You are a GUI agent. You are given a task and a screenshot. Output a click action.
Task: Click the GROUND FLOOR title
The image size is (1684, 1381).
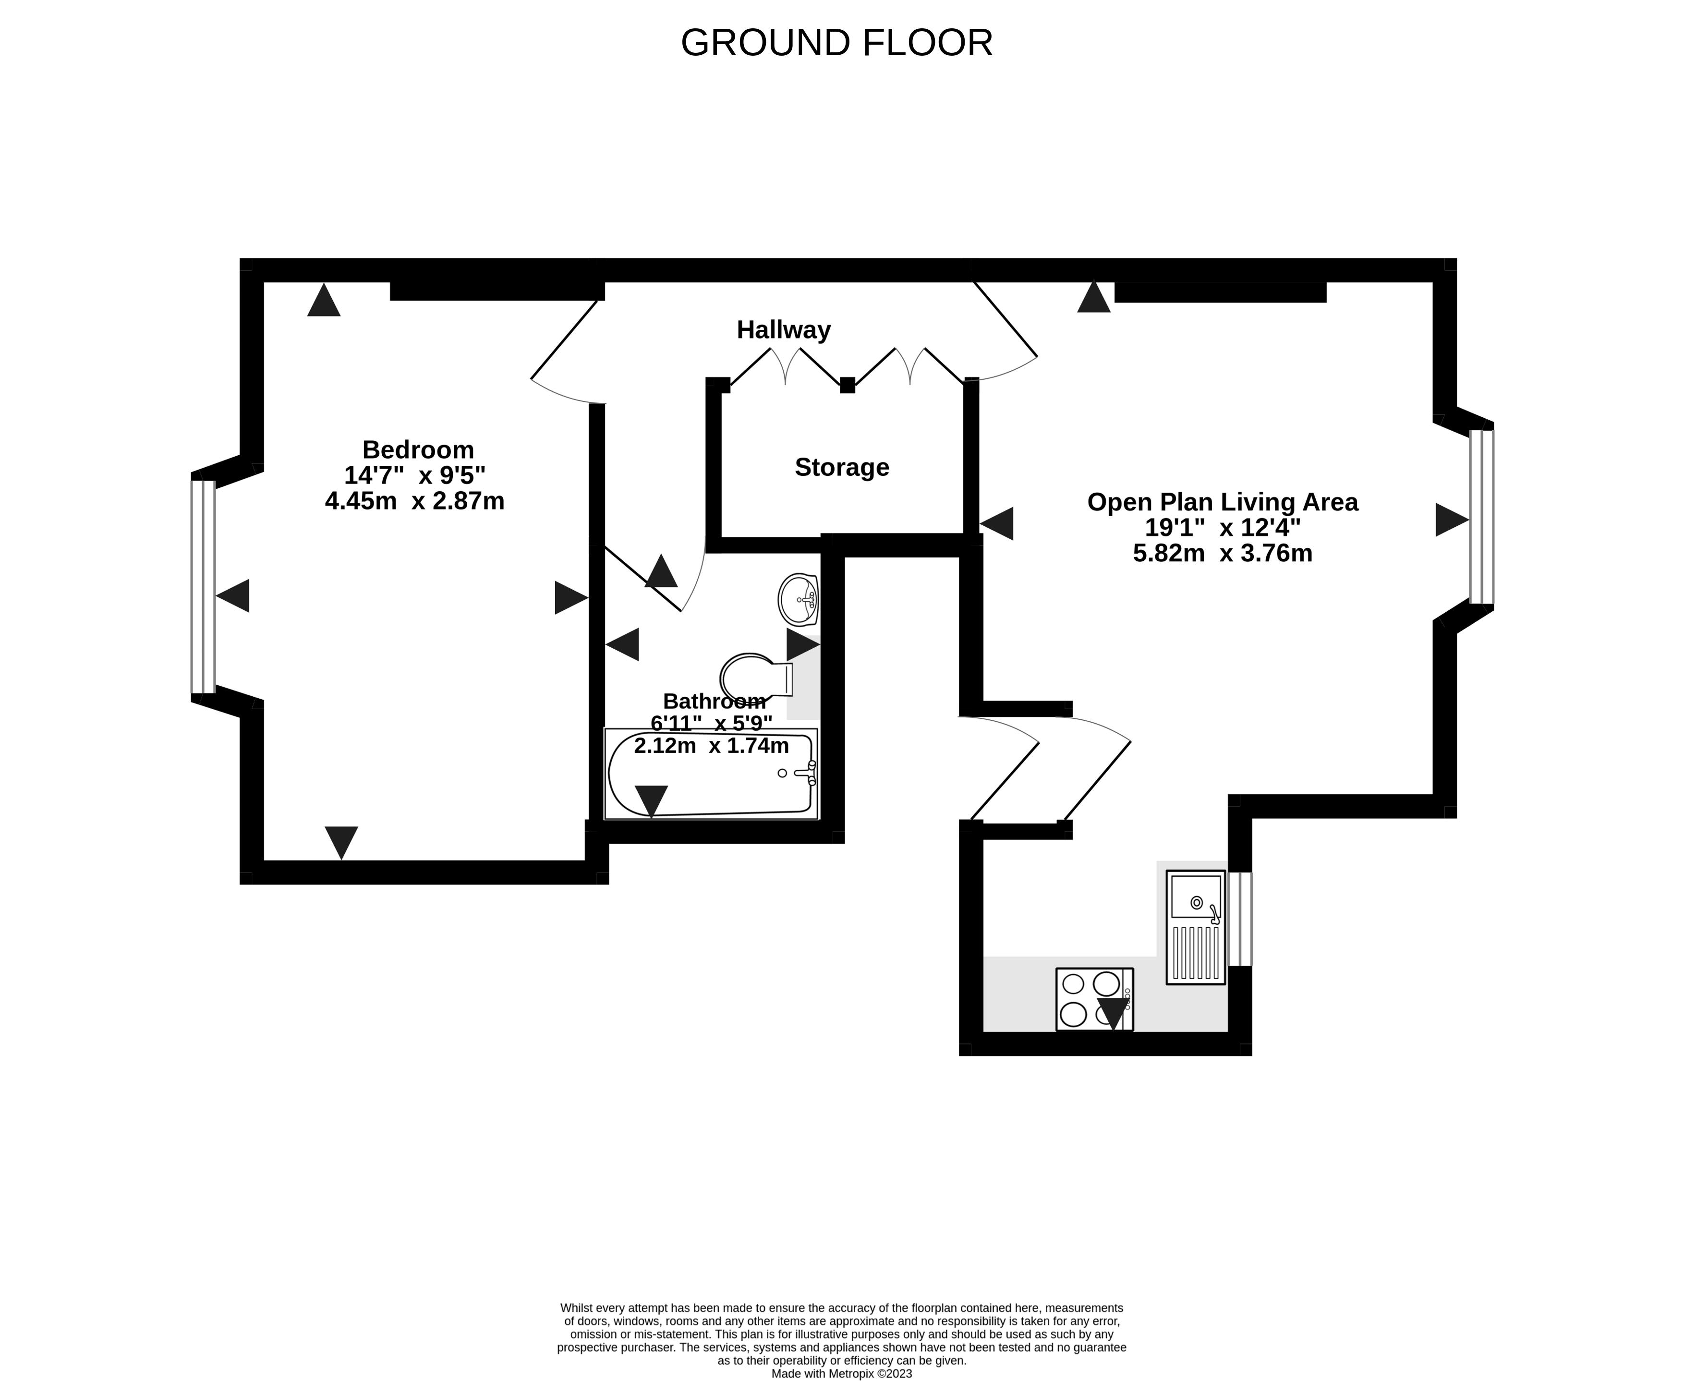click(837, 43)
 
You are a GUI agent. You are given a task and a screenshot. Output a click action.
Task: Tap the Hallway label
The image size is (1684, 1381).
click(784, 329)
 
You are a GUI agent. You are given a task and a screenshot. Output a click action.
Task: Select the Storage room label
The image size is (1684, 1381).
click(842, 467)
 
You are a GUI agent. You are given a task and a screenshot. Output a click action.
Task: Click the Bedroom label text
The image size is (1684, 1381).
click(418, 449)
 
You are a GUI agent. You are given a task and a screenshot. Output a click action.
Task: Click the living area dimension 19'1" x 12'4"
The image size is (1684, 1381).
click(1223, 527)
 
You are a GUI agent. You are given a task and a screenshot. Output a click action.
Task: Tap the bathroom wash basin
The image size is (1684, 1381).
click(799, 600)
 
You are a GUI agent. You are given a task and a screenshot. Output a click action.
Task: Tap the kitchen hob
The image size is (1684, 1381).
click(1094, 999)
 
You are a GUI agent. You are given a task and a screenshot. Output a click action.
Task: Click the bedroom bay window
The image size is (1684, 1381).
click(203, 587)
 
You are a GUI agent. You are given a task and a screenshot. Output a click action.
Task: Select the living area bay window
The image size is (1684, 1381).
click(1481, 517)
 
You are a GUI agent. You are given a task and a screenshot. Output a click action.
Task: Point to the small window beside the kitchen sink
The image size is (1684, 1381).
click(1240, 919)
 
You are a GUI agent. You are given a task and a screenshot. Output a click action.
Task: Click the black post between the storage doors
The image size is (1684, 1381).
click(847, 385)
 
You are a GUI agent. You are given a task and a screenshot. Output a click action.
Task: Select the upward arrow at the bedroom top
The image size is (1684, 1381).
click(324, 301)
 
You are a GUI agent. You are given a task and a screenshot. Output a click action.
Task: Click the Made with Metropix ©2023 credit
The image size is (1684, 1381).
click(842, 1373)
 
